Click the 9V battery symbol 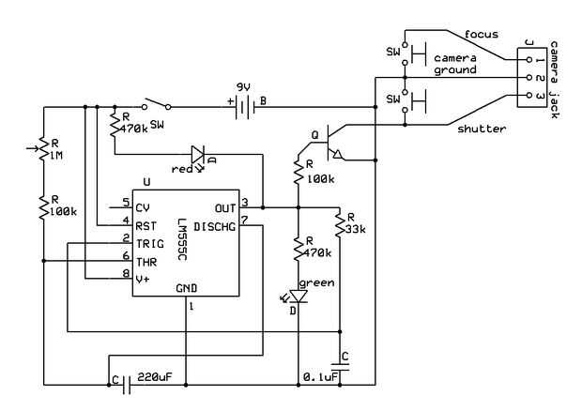243,107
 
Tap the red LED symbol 198,153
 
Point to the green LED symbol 298,297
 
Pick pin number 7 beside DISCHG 244,221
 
